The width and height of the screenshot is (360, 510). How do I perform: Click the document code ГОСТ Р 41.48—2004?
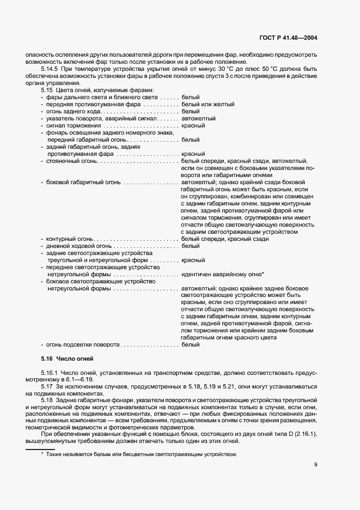click(287, 38)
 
